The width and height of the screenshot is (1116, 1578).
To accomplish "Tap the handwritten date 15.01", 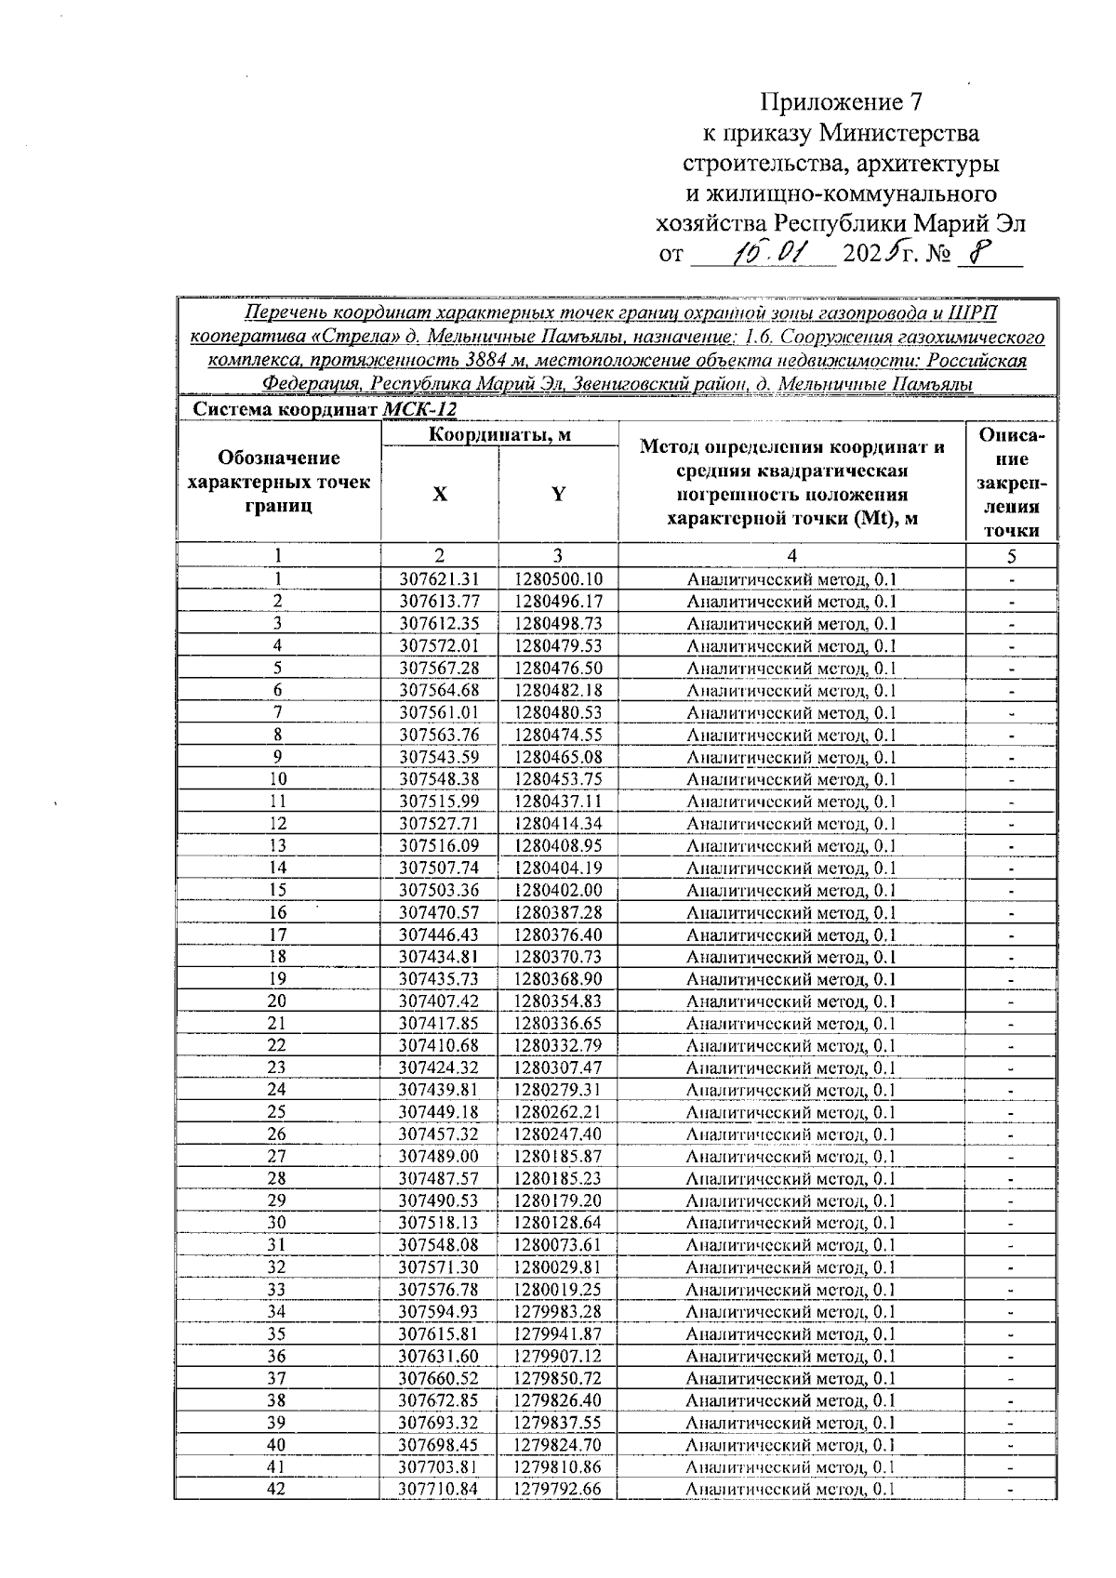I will click(x=770, y=252).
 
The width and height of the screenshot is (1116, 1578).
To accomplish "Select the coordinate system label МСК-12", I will click(x=419, y=410).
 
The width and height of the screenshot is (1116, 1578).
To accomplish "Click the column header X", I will click(x=439, y=495).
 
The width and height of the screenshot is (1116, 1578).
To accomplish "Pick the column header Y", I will click(x=558, y=495).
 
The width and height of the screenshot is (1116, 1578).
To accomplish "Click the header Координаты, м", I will click(x=499, y=435).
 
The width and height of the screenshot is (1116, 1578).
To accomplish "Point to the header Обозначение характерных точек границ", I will click(x=278, y=482).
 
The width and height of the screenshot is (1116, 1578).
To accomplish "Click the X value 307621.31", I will click(x=439, y=579).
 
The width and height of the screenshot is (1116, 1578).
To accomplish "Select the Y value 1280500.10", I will click(x=558, y=579).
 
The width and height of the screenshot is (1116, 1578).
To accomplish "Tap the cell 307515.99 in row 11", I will click(x=439, y=802).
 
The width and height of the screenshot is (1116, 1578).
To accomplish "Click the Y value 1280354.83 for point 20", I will click(x=558, y=1001).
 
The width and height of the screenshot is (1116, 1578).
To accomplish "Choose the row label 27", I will click(x=277, y=1157).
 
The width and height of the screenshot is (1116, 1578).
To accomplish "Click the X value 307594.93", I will click(x=439, y=1312).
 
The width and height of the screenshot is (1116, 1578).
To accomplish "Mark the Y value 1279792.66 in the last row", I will click(x=558, y=1490).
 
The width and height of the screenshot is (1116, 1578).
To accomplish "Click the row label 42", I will click(x=277, y=1490).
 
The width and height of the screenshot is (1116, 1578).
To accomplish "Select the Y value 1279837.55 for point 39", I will click(x=558, y=1423).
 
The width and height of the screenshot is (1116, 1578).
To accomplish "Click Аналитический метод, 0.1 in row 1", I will click(x=790, y=579).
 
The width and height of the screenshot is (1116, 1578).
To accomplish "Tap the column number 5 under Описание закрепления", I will click(x=1011, y=556).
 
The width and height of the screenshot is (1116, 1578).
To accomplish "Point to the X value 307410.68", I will click(x=439, y=1046).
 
